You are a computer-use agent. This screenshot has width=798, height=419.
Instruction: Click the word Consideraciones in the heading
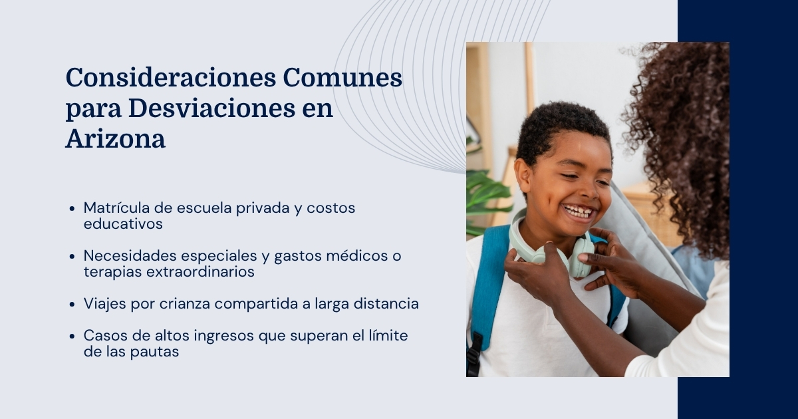(x=171, y=77)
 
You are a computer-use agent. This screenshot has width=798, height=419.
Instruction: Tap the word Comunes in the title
(x=342, y=77)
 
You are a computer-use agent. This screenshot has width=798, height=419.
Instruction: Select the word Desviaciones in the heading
(x=211, y=108)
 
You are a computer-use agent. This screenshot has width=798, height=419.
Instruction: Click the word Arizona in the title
(x=116, y=138)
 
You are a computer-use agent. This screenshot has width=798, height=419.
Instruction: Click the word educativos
(x=123, y=223)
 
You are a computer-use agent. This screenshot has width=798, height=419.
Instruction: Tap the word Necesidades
(x=130, y=255)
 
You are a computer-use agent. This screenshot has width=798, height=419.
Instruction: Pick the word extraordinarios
(x=200, y=271)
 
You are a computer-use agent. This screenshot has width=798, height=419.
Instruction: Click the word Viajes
(x=105, y=304)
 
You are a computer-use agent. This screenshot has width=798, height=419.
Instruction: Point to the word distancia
(x=386, y=303)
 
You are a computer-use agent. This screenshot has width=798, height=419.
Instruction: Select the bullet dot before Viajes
(x=72, y=305)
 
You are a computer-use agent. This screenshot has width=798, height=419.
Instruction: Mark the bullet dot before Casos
(x=72, y=336)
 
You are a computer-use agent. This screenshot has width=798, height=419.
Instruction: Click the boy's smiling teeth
(x=578, y=211)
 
